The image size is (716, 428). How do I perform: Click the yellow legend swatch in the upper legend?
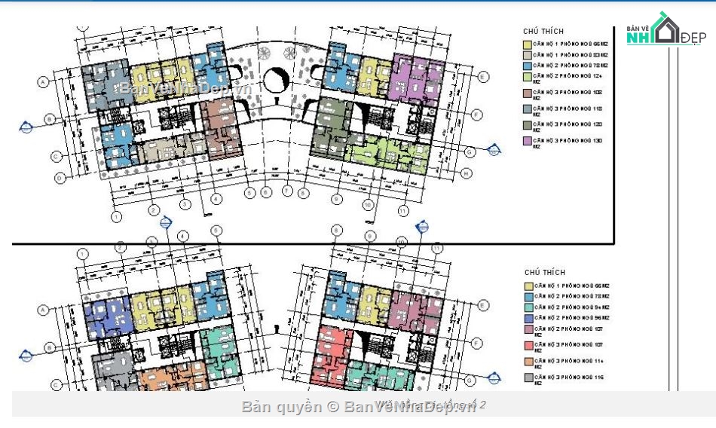point(528,44)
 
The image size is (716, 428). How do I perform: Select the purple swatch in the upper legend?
point(528,141)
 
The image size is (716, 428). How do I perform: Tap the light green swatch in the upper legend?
point(528,77)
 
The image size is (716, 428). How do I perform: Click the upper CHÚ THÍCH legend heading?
point(544,31)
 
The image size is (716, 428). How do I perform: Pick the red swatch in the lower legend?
point(529,345)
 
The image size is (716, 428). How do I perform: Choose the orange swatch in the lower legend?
point(529,361)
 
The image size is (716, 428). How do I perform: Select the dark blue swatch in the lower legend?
point(529,318)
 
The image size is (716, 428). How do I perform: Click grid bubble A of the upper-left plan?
point(43,81)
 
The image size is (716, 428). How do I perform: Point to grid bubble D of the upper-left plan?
point(59,179)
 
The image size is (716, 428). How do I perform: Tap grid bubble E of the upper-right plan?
point(482,76)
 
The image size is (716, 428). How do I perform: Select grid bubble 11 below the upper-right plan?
point(403,210)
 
